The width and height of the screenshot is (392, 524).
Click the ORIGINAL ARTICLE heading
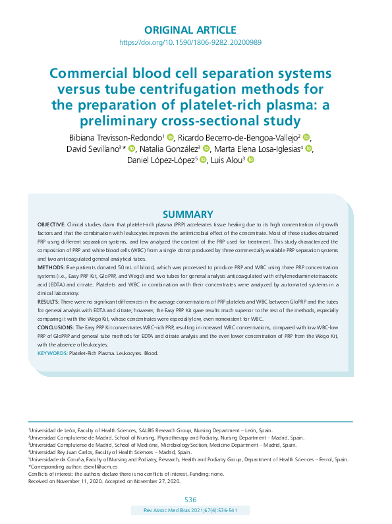pos(190,30)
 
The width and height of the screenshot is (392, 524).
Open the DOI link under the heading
pos(190,42)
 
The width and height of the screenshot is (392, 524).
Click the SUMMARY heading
pos(188,214)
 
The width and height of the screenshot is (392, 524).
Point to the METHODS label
pos(49,269)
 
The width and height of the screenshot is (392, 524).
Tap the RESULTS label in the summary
pos(48,301)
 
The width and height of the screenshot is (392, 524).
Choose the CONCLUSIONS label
pos(55,327)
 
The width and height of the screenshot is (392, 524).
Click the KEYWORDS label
pos(52,353)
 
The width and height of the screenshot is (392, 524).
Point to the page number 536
pos(190,500)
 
